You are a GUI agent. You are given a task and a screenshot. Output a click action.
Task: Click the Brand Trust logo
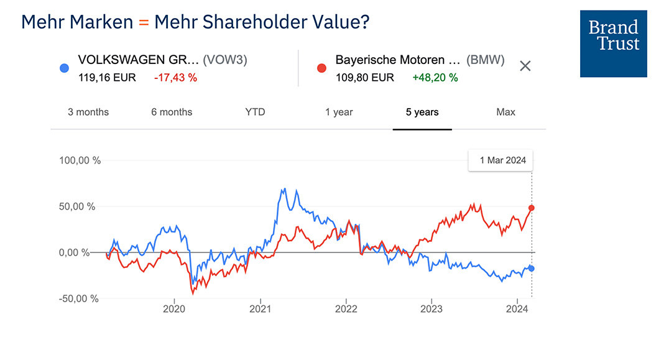coord(613,44)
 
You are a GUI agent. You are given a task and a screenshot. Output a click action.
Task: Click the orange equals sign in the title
coord(144,22)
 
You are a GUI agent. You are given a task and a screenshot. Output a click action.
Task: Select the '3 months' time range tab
coord(88,112)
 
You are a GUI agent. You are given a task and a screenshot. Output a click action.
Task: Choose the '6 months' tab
coord(172,112)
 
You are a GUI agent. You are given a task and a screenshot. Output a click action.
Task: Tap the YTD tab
coord(255,112)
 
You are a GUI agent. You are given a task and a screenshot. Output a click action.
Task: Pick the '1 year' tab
coord(339,112)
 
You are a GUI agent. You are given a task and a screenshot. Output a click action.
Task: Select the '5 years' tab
coord(422,112)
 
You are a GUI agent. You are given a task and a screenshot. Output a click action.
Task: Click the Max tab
coord(506,112)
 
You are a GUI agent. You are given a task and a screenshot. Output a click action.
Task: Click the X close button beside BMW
coord(525,66)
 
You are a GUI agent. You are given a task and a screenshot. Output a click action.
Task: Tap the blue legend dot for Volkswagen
coord(64,68)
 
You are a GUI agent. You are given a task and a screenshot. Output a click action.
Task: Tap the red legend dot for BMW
coord(321,68)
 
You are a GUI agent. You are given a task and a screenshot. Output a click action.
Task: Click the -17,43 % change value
coord(175,78)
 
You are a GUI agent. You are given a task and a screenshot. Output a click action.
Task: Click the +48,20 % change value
coord(435,78)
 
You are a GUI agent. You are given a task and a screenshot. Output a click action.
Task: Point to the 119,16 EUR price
coord(106,78)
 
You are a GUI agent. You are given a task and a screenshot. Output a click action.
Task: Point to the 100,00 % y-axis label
coord(80,160)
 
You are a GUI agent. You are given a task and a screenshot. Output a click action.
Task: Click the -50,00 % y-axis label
coord(79,298)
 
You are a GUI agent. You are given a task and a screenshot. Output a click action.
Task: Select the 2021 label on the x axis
coord(259,308)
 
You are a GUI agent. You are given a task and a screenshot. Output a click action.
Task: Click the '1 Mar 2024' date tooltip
coord(502,160)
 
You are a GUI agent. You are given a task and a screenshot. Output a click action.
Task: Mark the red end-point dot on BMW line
coord(532,208)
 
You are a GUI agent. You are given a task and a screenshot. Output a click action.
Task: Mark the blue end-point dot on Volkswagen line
coord(532,268)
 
